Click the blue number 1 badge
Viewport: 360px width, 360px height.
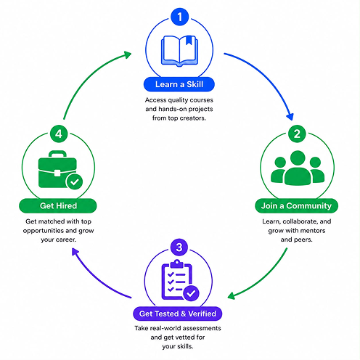pyautogui.click(x=179, y=17)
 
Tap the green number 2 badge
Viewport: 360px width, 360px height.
pyautogui.click(x=297, y=134)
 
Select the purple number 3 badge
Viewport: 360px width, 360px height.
pyautogui.click(x=179, y=247)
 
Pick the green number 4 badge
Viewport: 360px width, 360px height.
pyautogui.click(x=59, y=134)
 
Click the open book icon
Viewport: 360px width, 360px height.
pyautogui.click(x=179, y=51)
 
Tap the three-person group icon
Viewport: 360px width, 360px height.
pyautogui.click(x=298, y=168)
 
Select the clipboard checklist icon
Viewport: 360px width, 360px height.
pyautogui.click(x=180, y=280)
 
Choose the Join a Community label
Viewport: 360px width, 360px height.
pyautogui.click(x=296, y=206)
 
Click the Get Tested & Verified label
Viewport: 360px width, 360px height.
pyautogui.click(x=178, y=314)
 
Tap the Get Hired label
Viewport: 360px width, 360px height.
pyautogui.click(x=58, y=206)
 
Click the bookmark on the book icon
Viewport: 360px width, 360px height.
pyautogui.click(x=189, y=41)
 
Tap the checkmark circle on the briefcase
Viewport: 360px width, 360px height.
pyautogui.click(x=74, y=181)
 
